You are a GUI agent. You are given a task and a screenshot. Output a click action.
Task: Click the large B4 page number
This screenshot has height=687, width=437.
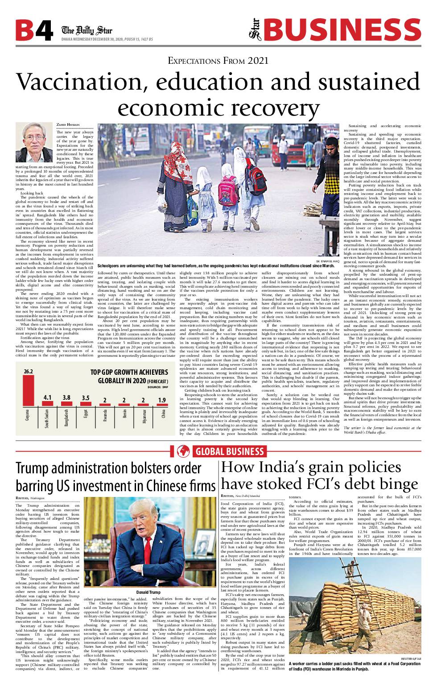(35, 30)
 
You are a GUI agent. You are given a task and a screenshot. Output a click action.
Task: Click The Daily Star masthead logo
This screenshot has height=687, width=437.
(87, 30)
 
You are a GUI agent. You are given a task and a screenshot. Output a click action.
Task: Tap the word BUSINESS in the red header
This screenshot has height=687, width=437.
(342, 30)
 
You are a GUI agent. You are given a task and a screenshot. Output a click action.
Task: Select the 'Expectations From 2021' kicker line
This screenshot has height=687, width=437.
(218, 61)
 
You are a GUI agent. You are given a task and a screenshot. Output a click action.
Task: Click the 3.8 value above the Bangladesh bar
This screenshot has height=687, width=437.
(66, 397)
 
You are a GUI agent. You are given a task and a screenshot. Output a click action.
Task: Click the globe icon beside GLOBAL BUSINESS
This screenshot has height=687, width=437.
(183, 451)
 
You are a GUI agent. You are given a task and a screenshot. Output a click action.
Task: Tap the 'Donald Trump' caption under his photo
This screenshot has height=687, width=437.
(148, 592)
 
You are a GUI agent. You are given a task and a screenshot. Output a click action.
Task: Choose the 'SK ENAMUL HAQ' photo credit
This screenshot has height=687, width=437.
(327, 261)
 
